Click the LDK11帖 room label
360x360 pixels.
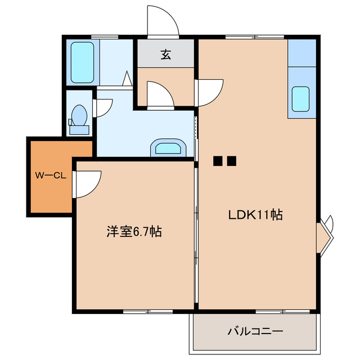pyautogui.click(x=255, y=214)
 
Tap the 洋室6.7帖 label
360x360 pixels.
pyautogui.click(x=134, y=231)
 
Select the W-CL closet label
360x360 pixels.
pyautogui.click(x=51, y=175)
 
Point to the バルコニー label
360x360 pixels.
pyautogui.click(x=255, y=331)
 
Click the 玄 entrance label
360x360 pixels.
pyautogui.click(x=166, y=55)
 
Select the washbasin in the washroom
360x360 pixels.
pyautogui.click(x=168, y=148)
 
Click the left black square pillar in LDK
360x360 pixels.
pyautogui.click(x=218, y=161)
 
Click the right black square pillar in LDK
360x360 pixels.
pyautogui.click(x=231, y=161)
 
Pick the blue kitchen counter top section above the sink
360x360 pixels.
pyautogui.click(x=302, y=53)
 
